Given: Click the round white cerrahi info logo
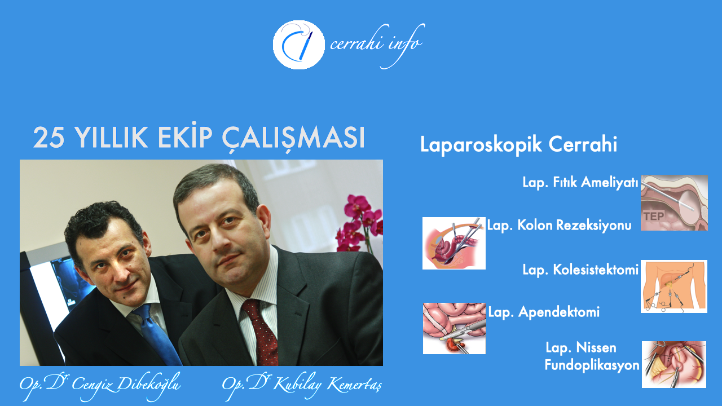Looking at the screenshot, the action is click(299, 45).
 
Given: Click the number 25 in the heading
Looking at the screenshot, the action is click(49, 138).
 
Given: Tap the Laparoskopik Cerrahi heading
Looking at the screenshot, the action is click(518, 145).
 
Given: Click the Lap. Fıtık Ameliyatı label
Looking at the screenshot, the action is click(580, 182).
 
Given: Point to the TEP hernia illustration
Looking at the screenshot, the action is click(674, 202).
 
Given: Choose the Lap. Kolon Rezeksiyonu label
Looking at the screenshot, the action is click(559, 225).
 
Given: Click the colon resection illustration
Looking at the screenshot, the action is click(454, 243).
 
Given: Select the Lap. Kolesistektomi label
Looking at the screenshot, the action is click(580, 270).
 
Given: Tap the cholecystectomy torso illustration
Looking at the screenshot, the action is click(674, 286).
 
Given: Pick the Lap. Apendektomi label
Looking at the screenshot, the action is click(544, 312).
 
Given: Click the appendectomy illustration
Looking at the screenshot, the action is click(454, 328).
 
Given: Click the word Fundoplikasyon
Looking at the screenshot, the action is click(592, 365).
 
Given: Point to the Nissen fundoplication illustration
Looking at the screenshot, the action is click(674, 364).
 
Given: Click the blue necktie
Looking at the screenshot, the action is click(157, 334).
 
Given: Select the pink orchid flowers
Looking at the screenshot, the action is click(360, 223).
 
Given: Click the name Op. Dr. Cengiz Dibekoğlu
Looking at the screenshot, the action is click(100, 385).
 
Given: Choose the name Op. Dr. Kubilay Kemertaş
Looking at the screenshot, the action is click(302, 385).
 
